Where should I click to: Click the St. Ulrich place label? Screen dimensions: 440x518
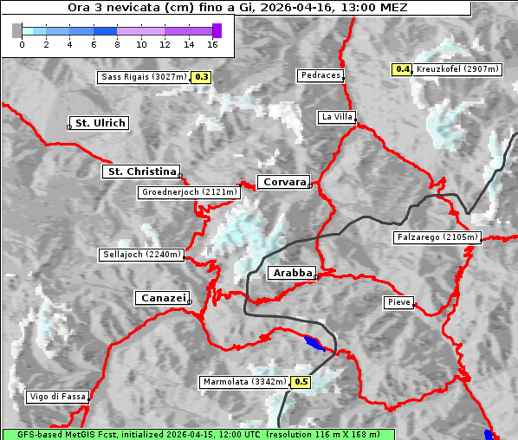click(100, 123)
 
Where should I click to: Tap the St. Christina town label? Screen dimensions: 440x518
click(140, 171)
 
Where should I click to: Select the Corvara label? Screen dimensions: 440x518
click(283, 182)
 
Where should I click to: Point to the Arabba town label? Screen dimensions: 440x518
click(291, 273)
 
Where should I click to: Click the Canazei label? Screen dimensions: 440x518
click(161, 298)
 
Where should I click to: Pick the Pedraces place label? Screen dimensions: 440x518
click(320, 75)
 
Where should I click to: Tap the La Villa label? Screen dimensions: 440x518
click(336, 116)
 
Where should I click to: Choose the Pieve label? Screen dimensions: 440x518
click(398, 302)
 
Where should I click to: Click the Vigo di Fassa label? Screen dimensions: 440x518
click(57, 397)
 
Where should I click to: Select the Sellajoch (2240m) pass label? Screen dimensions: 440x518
click(140, 255)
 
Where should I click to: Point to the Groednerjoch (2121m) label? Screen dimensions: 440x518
click(188, 192)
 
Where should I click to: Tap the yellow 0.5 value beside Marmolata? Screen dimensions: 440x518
click(301, 382)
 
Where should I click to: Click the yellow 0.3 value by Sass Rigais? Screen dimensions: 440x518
click(202, 77)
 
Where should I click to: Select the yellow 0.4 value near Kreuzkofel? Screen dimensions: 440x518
click(402, 69)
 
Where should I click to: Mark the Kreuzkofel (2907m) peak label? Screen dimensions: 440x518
click(456, 69)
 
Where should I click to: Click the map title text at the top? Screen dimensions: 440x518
click(236, 7)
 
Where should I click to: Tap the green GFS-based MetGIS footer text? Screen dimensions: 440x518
click(197, 434)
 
